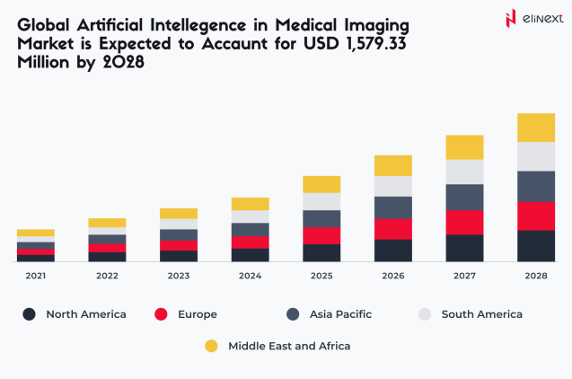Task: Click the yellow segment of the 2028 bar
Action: (535, 128)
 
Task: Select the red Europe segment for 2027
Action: (464, 222)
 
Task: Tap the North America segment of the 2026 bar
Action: (392, 251)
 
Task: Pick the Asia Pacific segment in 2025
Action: (321, 218)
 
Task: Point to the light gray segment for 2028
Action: (535, 156)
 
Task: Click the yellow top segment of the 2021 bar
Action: (36, 233)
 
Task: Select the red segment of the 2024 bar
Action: (250, 242)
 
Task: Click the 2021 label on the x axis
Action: (36, 276)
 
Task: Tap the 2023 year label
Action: (179, 276)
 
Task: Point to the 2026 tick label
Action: (392, 276)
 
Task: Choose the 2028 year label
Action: (535, 276)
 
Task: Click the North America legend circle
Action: (30, 314)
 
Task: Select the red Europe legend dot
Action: (162, 314)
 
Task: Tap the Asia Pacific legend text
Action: (340, 314)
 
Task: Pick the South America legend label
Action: (481, 314)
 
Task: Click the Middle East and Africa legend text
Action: (289, 346)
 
